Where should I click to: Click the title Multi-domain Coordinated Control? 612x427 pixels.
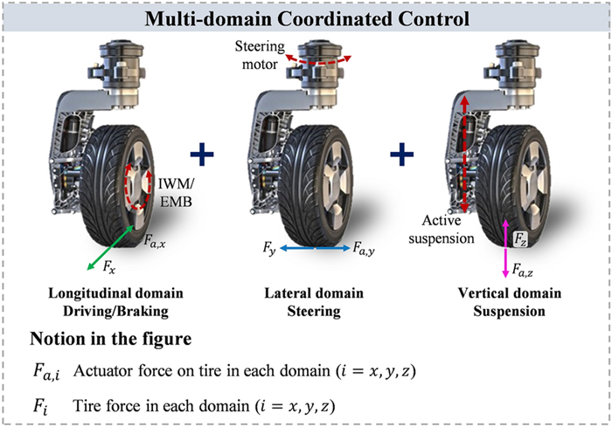point(305,17)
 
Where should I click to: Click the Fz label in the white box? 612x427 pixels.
point(519,238)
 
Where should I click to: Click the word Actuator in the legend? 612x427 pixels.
point(104,371)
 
